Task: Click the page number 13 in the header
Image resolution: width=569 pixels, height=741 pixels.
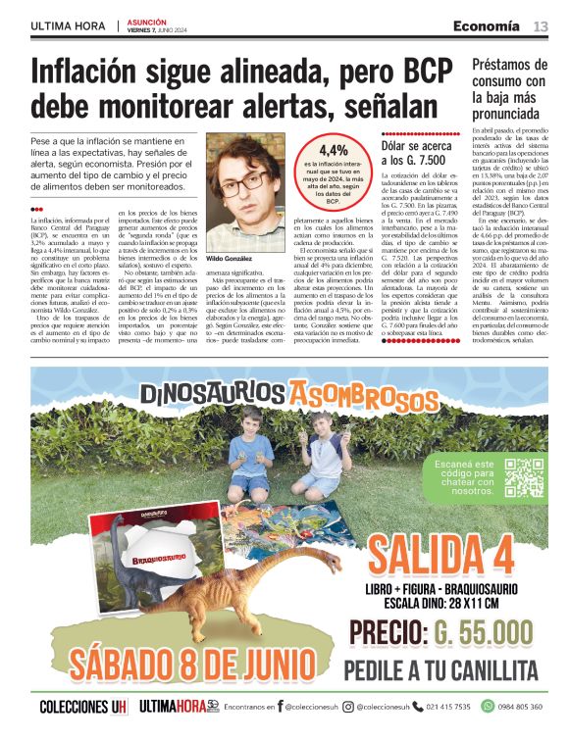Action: pyautogui.click(x=541, y=25)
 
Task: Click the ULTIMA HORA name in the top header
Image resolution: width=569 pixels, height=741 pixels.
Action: pyautogui.click(x=67, y=25)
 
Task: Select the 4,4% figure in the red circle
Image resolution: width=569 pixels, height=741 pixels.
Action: pyautogui.click(x=333, y=150)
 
